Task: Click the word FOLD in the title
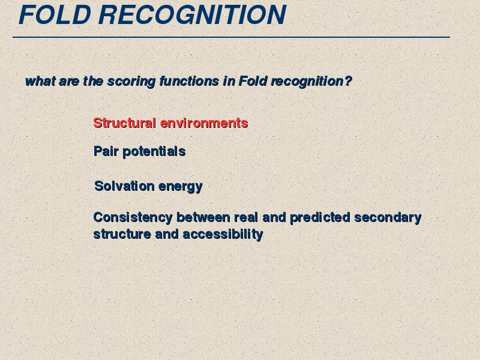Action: coord(55,14)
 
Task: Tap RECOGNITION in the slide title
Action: coord(192,14)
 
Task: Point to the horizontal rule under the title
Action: coord(231,37)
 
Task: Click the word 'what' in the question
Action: coord(40,81)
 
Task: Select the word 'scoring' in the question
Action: coord(131,82)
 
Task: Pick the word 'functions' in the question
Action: coord(189,81)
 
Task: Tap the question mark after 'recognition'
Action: coord(348,81)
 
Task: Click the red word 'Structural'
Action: coord(125,123)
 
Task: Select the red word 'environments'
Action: coord(204,123)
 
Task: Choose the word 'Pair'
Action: coord(106,151)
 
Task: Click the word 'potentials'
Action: coord(154,152)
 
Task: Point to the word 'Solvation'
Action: coord(124,186)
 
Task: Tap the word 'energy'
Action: coord(181,187)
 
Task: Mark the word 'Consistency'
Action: coord(133,218)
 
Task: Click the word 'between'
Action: coord(203,217)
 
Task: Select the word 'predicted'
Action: coord(320,218)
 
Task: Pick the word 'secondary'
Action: coord(388,218)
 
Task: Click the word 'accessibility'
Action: coord(223,234)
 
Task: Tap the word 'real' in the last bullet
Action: coord(246,217)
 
